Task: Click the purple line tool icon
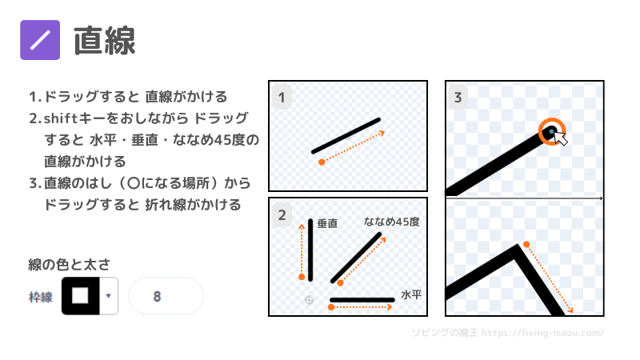point(40,40)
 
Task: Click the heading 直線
point(105,41)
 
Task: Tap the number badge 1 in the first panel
point(282,98)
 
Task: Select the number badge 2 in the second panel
point(282,215)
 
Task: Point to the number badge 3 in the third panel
point(458,98)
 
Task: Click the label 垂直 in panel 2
point(327,223)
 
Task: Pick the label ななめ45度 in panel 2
point(392,222)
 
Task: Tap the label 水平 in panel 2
point(411,294)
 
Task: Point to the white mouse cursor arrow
point(560,138)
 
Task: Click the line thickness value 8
point(157,296)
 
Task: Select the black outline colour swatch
point(81,295)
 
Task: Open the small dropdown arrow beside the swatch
point(109,295)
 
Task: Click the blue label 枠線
point(41,297)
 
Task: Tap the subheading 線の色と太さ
point(69,265)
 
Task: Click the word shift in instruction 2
point(61,118)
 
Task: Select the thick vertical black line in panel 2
point(310,250)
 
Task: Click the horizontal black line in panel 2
point(362,300)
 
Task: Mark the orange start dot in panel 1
point(322,162)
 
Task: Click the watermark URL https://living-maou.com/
point(543,333)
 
